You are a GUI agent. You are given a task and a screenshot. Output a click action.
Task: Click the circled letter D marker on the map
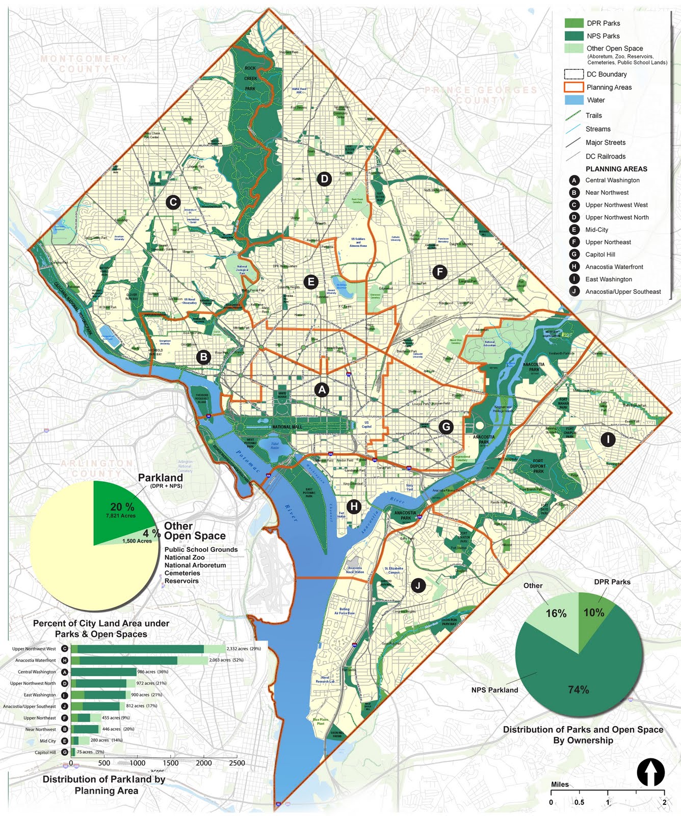[x=324, y=178]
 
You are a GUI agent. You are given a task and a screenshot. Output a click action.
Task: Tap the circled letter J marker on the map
[x=418, y=585]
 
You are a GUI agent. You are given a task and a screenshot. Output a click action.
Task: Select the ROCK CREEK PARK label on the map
[x=250, y=78]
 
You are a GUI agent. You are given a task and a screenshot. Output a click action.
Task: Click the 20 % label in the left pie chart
[x=122, y=507]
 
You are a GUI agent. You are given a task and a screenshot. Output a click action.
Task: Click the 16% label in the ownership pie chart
[x=556, y=614]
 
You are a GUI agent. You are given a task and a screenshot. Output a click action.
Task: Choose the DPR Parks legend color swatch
[x=574, y=23]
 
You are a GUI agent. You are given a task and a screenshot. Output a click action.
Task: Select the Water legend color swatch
[x=574, y=100]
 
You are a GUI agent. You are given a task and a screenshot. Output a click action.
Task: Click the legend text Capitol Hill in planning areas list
[x=600, y=254]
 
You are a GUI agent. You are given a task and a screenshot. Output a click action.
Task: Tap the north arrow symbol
[x=650, y=772]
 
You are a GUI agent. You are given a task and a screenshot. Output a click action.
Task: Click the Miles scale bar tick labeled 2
[x=664, y=802]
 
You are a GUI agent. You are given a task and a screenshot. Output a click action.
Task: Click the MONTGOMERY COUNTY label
[x=85, y=64]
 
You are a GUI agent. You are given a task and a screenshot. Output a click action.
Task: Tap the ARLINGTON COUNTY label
[x=97, y=468]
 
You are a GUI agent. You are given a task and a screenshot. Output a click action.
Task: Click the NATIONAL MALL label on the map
[x=289, y=427]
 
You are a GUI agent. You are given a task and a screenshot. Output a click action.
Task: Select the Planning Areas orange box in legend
[x=574, y=87]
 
